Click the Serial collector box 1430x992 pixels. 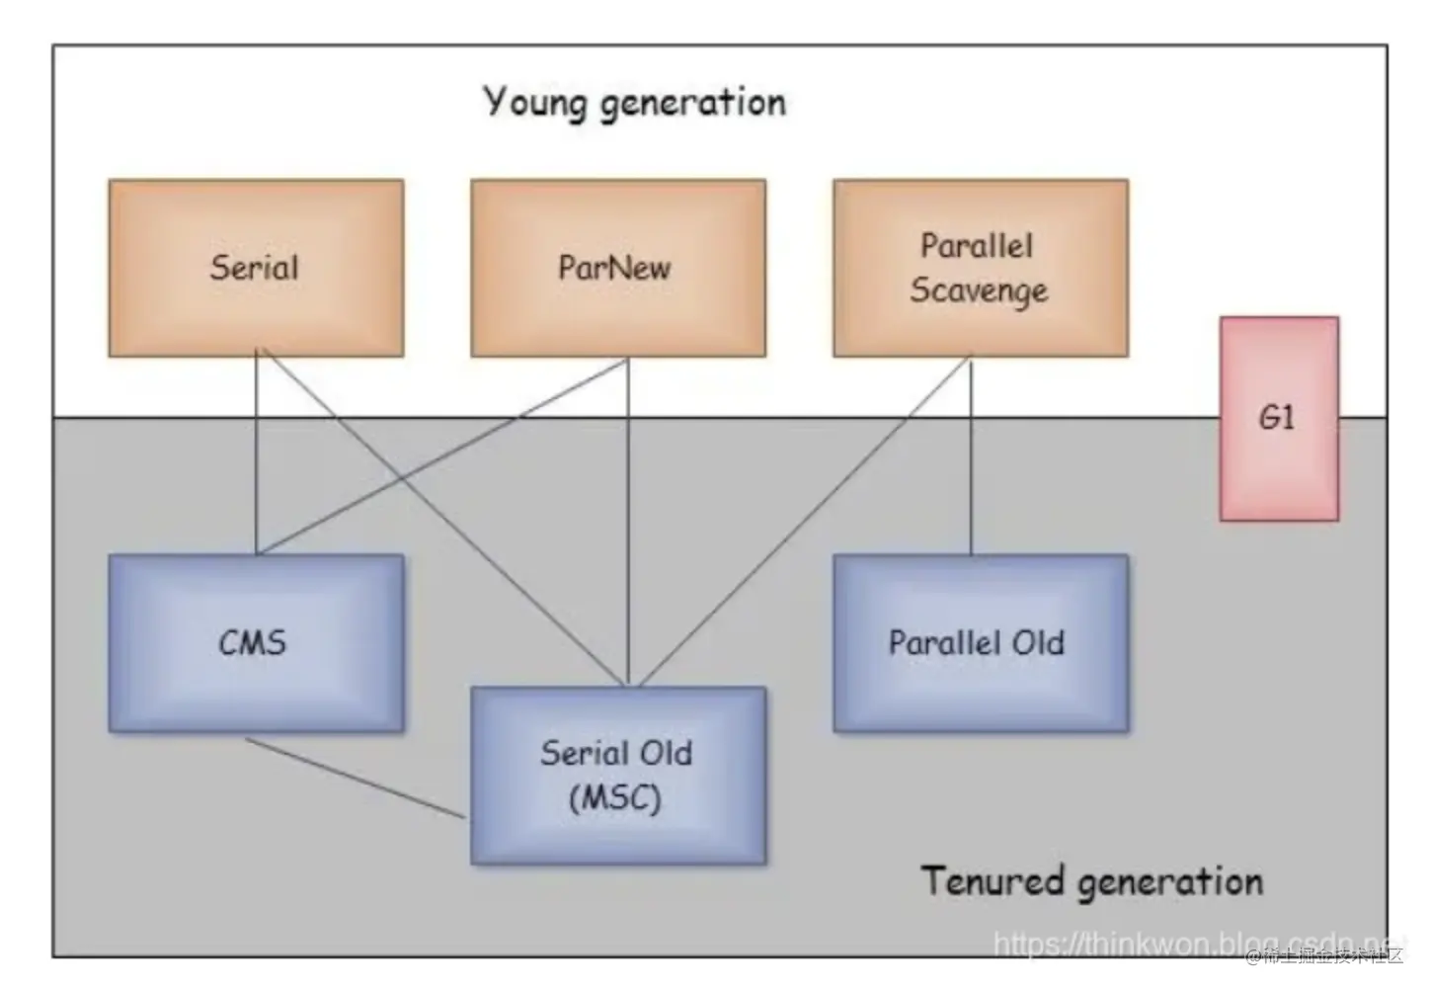[x=256, y=268]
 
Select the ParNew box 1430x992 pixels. [x=617, y=268]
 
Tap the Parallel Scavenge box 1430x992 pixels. [x=980, y=268]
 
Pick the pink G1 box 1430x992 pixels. [x=1279, y=418]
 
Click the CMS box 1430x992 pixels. [x=256, y=642]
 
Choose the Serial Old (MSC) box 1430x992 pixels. [x=617, y=776]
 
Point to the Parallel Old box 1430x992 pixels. [x=980, y=642]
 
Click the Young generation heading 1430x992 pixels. [x=634, y=103]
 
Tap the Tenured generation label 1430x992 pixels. [x=1091, y=880]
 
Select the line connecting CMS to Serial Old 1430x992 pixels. [x=356, y=779]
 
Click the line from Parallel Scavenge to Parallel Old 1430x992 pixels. [x=971, y=455]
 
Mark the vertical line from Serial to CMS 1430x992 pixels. [x=256, y=455]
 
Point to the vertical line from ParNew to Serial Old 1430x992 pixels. [x=628, y=524]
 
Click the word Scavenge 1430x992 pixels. [x=979, y=290]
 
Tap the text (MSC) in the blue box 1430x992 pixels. [x=614, y=797]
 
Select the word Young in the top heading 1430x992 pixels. [x=534, y=103]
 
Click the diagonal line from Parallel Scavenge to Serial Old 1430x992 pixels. [x=800, y=524]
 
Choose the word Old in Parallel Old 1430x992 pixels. [x=1037, y=642]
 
